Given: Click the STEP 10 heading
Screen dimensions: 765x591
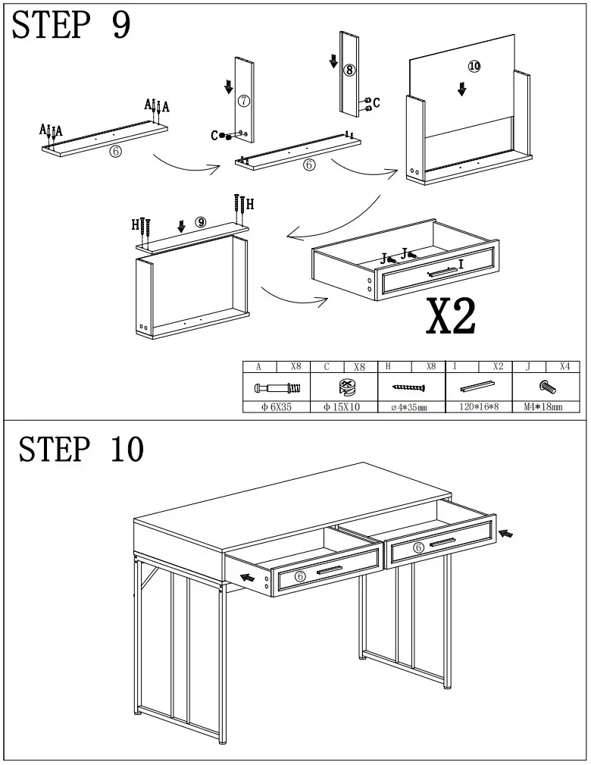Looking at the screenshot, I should pos(81,449).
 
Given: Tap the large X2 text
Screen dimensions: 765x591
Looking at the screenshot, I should pos(452,317).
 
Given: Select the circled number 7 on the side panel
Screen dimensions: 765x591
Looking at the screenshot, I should pos(243,101).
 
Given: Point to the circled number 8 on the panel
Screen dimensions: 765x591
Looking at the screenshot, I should pos(349,70).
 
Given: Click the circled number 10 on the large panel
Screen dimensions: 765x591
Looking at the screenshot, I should pos(474,67).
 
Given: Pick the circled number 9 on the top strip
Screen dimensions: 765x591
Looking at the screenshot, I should pos(200,222).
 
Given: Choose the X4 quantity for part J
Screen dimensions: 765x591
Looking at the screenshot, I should pos(564,366).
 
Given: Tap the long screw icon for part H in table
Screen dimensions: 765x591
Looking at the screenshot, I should pos(410,387).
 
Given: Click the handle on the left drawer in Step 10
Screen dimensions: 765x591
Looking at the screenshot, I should pos(330,570).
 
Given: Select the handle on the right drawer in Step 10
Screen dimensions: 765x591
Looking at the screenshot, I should pos(442,541).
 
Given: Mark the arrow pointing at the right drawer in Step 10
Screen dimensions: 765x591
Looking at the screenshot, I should pos(505,535).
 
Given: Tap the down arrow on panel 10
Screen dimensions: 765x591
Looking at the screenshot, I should pos(461,89).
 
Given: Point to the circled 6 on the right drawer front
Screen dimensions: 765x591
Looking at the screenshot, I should pos(418,548).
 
